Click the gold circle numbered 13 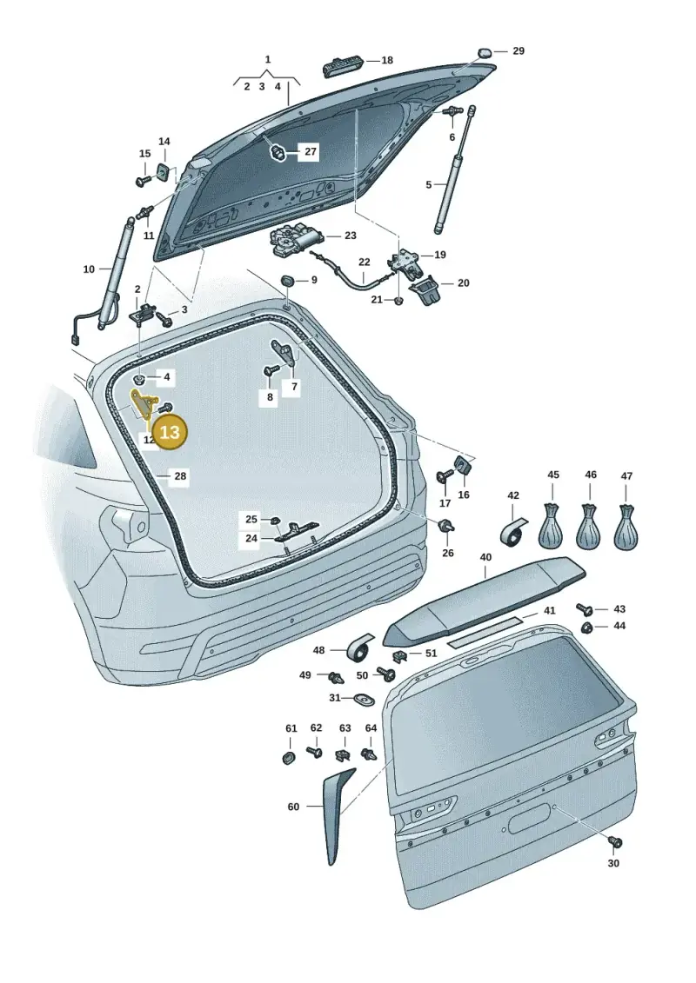point(170,432)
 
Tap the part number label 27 point(311,152)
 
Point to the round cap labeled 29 point(485,52)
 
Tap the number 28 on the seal point(180,476)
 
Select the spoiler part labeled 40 point(485,601)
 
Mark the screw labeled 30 point(615,842)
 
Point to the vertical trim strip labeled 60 point(338,815)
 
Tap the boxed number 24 point(251,539)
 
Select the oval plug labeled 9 point(287,280)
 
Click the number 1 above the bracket point(268,60)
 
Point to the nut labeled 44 point(586,627)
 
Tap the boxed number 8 point(270,397)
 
